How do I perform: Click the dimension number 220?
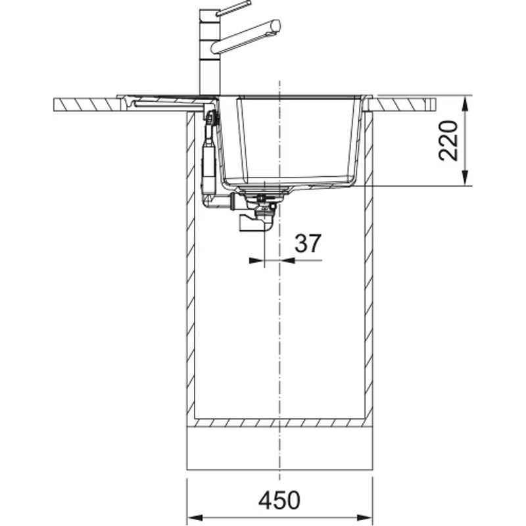tap(448, 141)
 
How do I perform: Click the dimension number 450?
tap(279, 500)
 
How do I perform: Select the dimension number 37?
tap(308, 243)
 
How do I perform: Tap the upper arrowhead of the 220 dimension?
tap(465, 104)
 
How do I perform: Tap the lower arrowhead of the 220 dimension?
tap(465, 177)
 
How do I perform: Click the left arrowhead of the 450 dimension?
tap(195, 517)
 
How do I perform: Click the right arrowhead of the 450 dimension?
tap(364, 517)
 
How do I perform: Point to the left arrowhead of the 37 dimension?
tap(256, 260)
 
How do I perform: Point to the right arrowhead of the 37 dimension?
tap(287, 260)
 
